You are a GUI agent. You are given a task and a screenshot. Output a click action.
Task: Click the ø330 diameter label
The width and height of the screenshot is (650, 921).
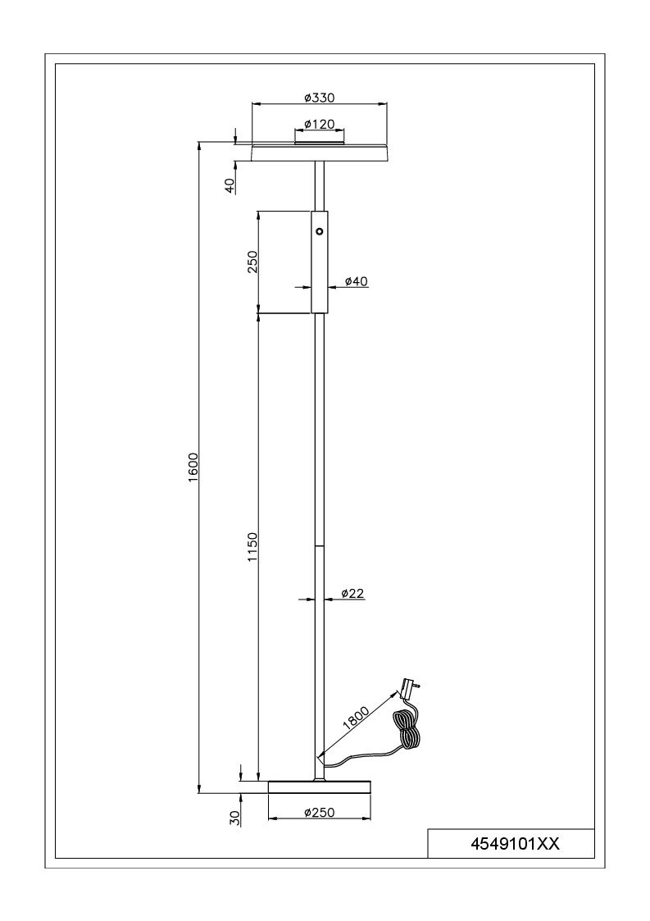click(320, 98)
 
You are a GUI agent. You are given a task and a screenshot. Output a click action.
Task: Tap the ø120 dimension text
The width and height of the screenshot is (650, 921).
click(320, 124)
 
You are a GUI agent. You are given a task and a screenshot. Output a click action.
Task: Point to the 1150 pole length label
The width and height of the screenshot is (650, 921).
click(253, 547)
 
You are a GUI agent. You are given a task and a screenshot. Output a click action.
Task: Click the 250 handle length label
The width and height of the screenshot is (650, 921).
click(253, 262)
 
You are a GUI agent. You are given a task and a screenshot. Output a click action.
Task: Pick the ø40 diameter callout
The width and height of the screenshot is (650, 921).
click(355, 281)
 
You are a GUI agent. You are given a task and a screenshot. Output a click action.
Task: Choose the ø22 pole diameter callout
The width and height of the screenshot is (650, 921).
click(352, 593)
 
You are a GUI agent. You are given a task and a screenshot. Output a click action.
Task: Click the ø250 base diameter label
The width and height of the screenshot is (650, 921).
click(320, 813)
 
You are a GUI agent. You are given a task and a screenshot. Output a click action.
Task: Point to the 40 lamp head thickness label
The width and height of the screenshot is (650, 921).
click(231, 185)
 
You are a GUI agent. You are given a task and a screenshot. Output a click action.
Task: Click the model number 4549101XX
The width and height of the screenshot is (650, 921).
click(515, 844)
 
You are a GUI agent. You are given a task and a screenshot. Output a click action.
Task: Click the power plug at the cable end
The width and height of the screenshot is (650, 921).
click(409, 688)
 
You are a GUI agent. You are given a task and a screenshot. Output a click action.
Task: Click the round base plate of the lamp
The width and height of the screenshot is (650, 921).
click(320, 787)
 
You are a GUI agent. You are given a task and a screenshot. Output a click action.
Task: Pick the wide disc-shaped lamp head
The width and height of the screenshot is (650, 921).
click(320, 152)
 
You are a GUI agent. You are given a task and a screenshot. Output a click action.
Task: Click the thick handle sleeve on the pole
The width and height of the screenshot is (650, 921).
click(320, 262)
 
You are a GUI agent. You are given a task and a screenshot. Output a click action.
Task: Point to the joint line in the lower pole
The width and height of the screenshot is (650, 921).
click(320, 545)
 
